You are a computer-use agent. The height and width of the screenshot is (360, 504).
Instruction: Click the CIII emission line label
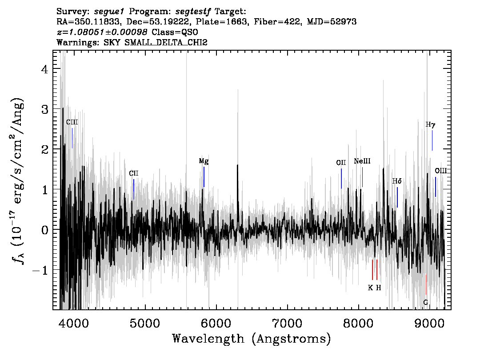point(72,122)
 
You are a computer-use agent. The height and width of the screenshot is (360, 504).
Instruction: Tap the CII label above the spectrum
point(134,173)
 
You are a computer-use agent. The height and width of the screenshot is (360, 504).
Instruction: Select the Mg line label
point(204,161)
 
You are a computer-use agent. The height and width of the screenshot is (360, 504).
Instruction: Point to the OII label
point(341,163)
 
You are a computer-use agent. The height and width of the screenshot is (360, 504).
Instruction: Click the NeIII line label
point(362,161)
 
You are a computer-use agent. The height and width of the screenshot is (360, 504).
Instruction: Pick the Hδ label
point(397,181)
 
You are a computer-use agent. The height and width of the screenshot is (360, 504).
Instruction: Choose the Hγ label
point(430,124)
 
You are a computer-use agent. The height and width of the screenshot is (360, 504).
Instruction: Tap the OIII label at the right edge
point(441,171)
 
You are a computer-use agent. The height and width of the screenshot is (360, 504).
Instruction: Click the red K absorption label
point(370,288)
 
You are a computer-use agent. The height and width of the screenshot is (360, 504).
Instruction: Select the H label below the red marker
point(378,288)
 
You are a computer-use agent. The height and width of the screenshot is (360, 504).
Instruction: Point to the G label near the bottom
point(426,303)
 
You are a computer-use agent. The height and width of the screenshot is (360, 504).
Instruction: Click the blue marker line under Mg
point(204,177)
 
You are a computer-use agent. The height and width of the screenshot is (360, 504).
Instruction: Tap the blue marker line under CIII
point(72,138)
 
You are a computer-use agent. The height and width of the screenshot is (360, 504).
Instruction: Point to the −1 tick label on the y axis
point(40,270)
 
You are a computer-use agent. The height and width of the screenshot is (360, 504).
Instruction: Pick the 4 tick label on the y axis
point(45,69)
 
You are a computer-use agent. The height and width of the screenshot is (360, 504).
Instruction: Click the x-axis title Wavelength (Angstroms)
point(252,339)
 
